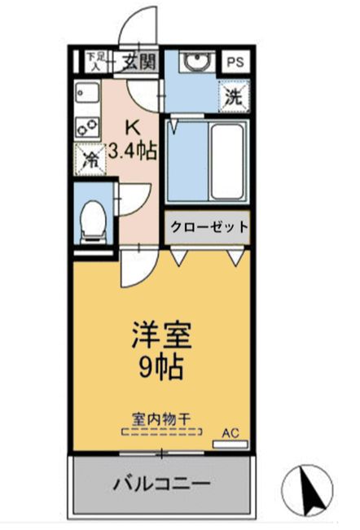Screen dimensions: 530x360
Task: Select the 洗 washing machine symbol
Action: pyautogui.click(x=234, y=94)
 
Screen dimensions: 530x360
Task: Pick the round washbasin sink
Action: pyautogui.click(x=195, y=63)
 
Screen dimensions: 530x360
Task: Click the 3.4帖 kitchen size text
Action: pyautogui.click(x=132, y=151)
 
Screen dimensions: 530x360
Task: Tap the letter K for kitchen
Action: pyautogui.click(x=130, y=127)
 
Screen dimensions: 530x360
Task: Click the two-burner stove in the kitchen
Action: pyautogui.click(x=86, y=126)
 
